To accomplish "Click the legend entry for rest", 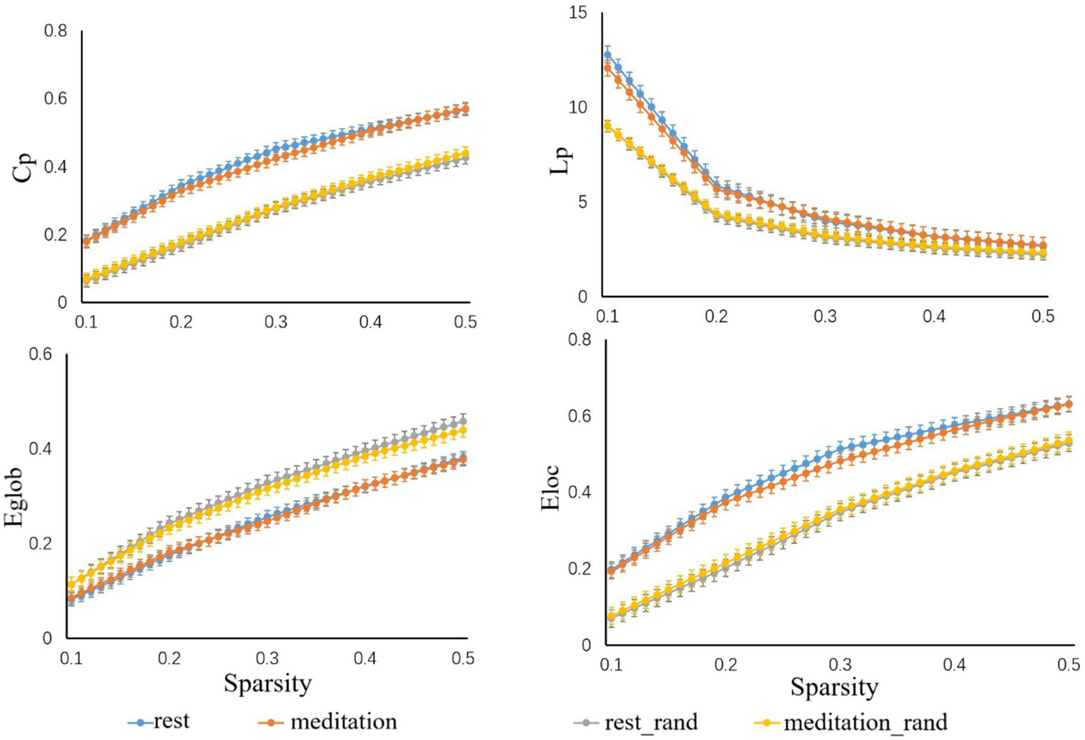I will point(159,722).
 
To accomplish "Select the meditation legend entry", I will point(328,722).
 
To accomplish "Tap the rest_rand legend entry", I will point(635,722).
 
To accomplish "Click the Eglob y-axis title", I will point(16,497).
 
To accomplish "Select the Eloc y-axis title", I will point(551,488).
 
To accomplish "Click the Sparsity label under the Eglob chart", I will point(267,683).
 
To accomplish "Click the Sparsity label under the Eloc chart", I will point(834,686).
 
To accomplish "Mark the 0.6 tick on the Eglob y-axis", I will point(40,354).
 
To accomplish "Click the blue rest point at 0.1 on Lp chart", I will point(607,54).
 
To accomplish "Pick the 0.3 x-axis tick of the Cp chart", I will point(276,322).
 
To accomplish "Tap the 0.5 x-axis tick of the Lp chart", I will point(1043,316).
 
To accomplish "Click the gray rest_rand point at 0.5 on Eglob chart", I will point(463,421).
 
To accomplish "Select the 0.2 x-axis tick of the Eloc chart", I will point(725,666).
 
